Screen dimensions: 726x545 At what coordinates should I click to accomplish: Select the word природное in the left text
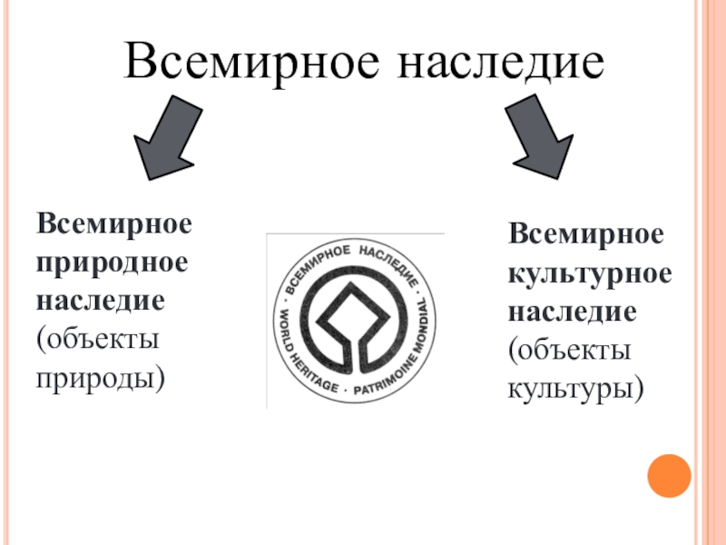113,261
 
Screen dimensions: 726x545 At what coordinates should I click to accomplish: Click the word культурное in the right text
590,273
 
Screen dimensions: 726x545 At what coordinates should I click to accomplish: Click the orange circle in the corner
670,476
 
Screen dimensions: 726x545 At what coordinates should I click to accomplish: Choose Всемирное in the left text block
113,223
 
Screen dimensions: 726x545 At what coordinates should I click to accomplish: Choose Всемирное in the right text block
585,235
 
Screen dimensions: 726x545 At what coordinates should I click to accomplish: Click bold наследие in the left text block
100,299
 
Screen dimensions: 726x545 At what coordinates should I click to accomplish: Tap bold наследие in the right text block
571,312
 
